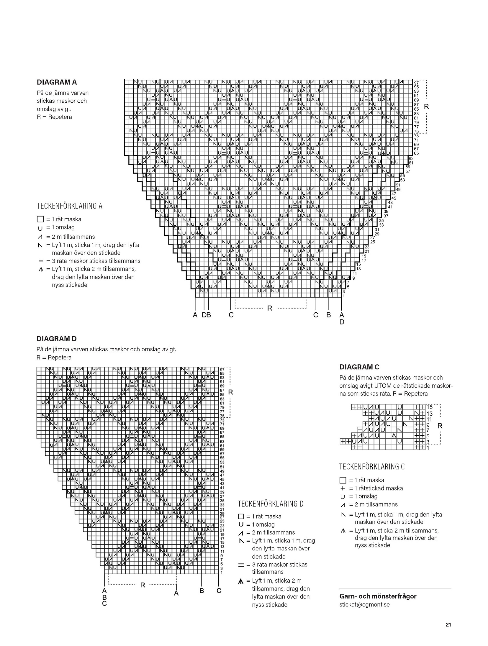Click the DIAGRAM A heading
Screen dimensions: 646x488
click(57, 82)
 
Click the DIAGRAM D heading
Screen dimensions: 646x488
click(57, 339)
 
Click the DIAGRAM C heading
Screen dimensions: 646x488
click(359, 367)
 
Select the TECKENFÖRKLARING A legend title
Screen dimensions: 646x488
click(70, 206)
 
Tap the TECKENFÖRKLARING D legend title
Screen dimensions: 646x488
click(271, 504)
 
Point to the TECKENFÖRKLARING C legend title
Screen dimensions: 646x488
click(372, 467)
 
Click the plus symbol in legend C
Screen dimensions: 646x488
click(343, 488)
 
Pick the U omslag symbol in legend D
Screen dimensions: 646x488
click(241, 524)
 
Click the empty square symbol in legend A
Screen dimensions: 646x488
click(40, 219)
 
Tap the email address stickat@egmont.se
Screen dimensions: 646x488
click(364, 604)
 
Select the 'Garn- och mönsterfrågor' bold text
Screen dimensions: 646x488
click(378, 596)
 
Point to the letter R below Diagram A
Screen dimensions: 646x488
click(270, 308)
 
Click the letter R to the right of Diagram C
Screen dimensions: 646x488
click(440, 426)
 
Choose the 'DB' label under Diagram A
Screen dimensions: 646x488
click(206, 315)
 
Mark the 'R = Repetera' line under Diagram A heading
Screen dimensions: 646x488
click(54, 117)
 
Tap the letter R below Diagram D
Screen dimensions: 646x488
click(143, 585)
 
